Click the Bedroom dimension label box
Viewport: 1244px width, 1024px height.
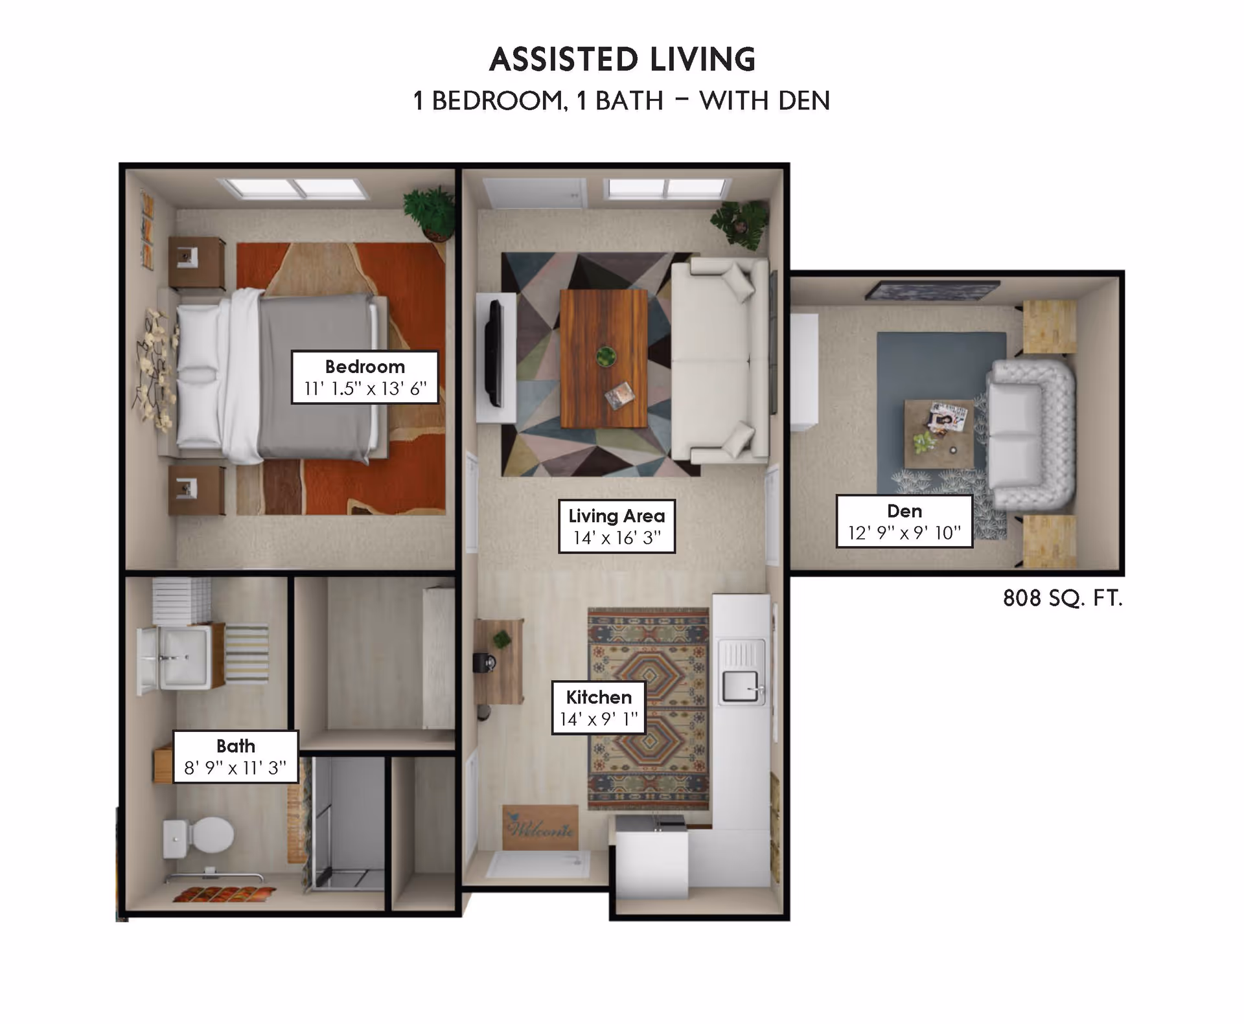[x=365, y=377]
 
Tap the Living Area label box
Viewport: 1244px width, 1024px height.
[x=616, y=526]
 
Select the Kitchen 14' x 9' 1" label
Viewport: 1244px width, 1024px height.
[x=599, y=707]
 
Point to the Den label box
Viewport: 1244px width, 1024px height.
[x=904, y=521]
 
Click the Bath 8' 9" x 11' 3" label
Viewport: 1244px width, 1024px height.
[x=235, y=757]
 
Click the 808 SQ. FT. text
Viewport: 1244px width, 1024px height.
[x=1062, y=598]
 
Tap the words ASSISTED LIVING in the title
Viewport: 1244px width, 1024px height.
[x=622, y=60]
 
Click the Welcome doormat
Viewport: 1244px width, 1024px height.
[x=540, y=827]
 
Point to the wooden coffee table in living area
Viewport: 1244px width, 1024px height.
[x=603, y=358]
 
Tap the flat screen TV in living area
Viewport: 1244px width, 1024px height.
[x=495, y=353]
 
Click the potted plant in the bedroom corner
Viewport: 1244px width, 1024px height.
[x=430, y=210]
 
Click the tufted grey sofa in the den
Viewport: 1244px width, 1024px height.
[x=1030, y=433]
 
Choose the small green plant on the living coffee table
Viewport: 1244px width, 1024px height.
[x=606, y=356]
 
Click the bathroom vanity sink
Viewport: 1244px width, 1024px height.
[x=183, y=657]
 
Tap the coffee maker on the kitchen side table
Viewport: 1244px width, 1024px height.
[x=485, y=663]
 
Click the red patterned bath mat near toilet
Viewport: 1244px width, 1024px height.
[x=224, y=894]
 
